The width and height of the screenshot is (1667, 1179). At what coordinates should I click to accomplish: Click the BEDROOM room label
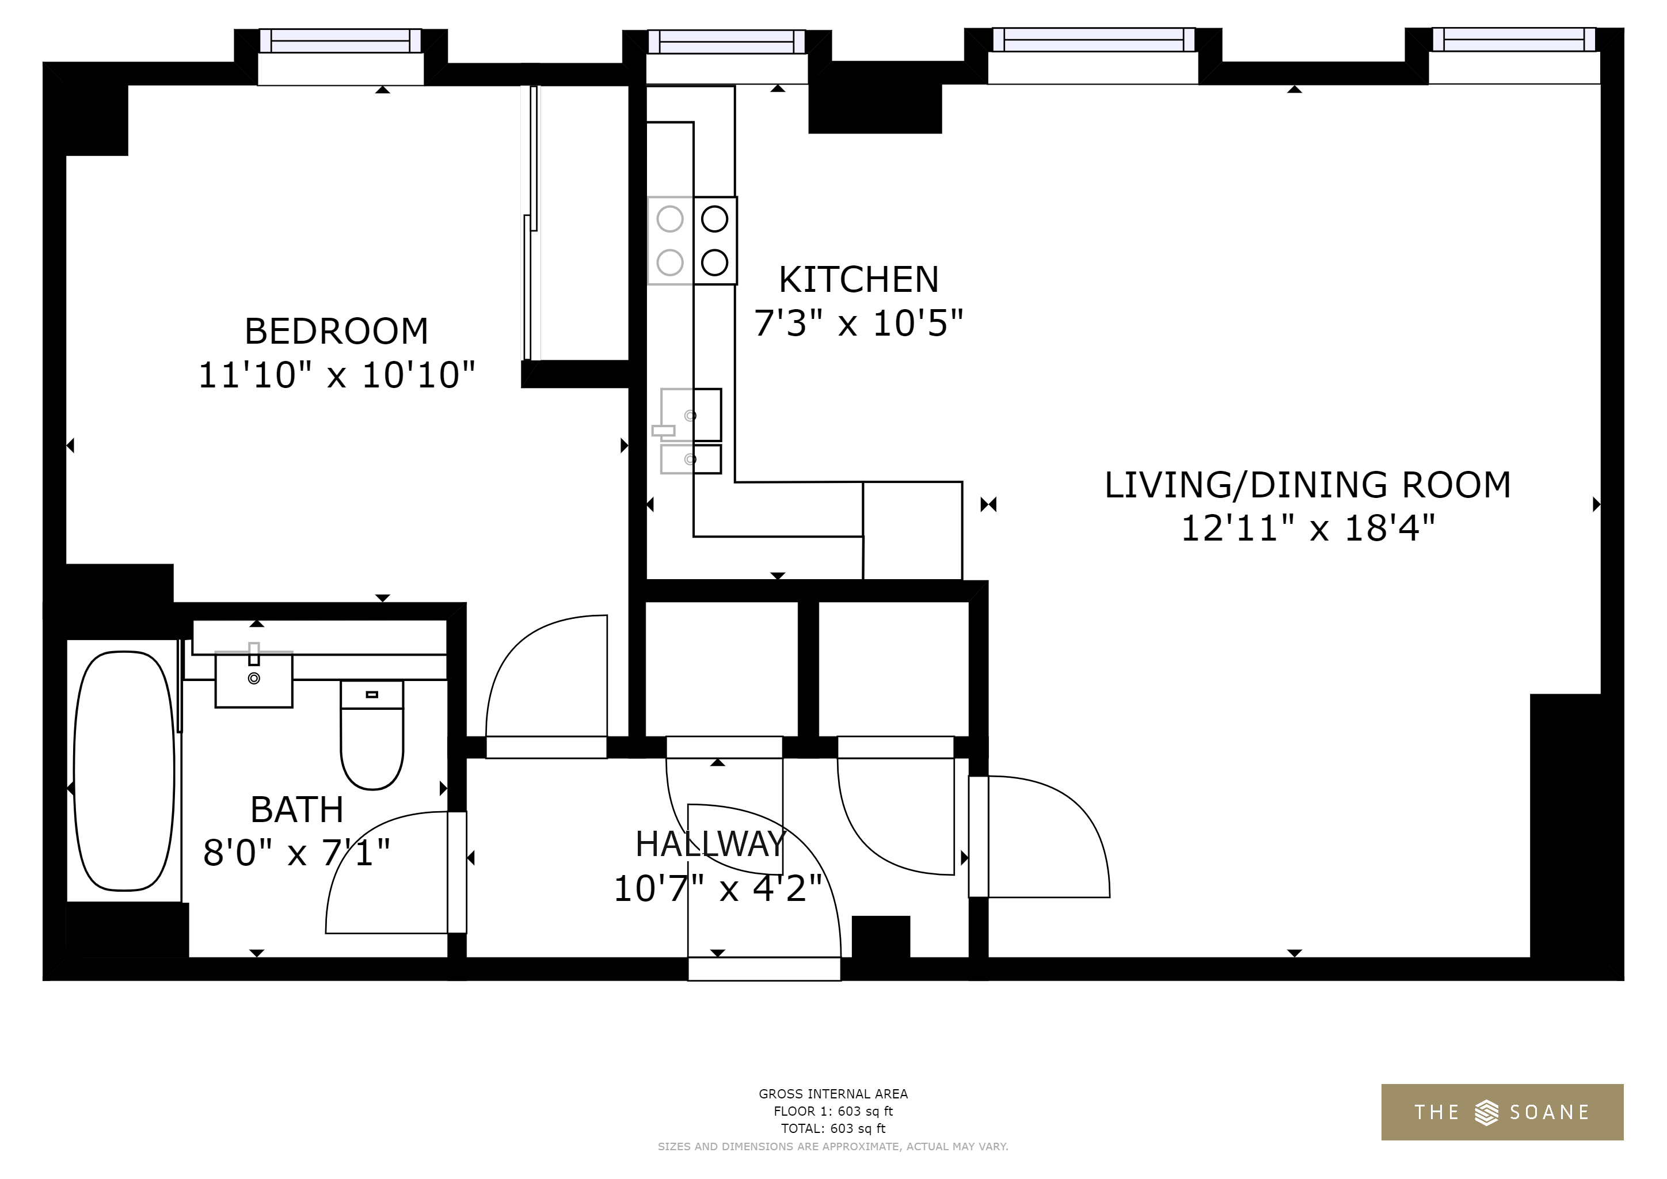[336, 331]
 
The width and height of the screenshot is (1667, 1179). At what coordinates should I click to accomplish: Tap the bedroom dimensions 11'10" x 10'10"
[336, 375]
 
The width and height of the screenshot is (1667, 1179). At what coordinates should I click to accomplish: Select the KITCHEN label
[859, 280]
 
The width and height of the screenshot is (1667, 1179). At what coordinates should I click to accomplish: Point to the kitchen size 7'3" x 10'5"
[859, 323]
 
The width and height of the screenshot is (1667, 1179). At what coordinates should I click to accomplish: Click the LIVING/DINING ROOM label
[1308, 485]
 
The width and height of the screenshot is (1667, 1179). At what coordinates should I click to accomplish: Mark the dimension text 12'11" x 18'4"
[1308, 528]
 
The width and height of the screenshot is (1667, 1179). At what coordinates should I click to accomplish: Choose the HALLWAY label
[711, 843]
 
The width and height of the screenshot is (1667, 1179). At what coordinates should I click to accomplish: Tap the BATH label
[297, 809]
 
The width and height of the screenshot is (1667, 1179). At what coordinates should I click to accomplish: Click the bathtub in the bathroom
[124, 770]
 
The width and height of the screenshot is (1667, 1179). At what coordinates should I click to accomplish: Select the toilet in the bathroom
[372, 735]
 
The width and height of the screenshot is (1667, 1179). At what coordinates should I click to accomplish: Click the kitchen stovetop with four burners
[692, 240]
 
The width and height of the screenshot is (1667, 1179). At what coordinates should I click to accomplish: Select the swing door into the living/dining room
[1039, 836]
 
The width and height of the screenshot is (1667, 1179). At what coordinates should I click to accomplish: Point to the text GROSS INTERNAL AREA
[833, 1094]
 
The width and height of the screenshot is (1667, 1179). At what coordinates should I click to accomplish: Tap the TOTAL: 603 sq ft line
[833, 1129]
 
